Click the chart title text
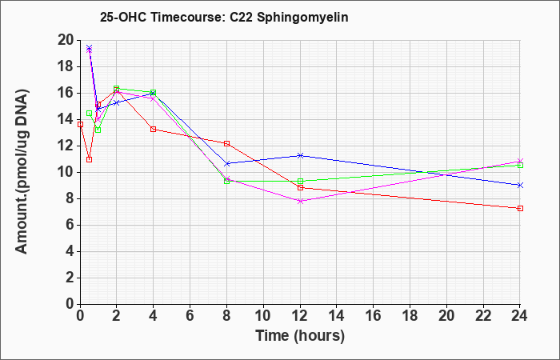224,17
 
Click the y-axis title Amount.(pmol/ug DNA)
22,171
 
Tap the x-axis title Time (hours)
300,336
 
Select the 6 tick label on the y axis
70,225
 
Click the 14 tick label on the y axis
66,119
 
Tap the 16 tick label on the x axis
374,315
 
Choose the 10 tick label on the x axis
263,315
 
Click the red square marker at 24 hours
520,208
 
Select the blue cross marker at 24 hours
520,185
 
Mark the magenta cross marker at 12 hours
300,201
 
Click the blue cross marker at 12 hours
300,155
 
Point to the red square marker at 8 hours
226,143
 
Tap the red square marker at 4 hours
154,129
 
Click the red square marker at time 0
80,124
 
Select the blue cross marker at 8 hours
226,163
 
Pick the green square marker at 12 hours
300,181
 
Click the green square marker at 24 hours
520,166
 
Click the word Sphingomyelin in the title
302,18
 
